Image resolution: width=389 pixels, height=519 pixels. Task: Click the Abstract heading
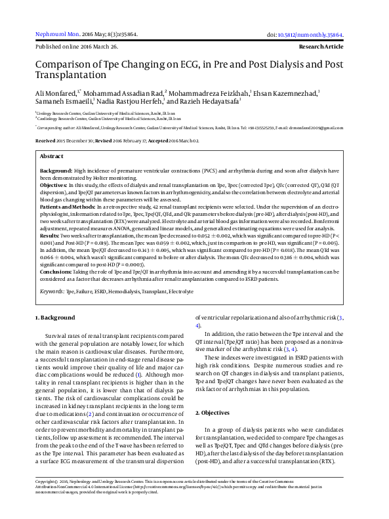(x=52, y=157)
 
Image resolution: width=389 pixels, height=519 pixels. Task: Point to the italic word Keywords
(x=52, y=290)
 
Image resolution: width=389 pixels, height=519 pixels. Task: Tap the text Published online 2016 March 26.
(x=76, y=48)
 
